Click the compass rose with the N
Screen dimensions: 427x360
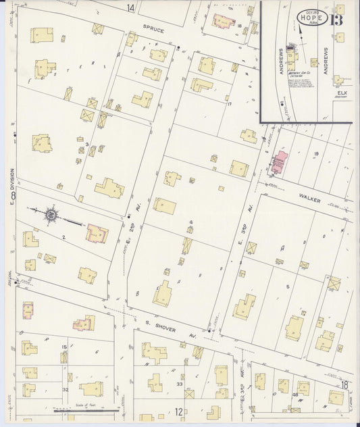(51, 216)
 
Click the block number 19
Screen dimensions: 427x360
(316, 154)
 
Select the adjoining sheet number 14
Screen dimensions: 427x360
(130, 7)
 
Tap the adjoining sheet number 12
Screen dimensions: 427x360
(178, 411)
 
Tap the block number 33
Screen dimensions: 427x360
(180, 384)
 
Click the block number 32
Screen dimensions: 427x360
(66, 389)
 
